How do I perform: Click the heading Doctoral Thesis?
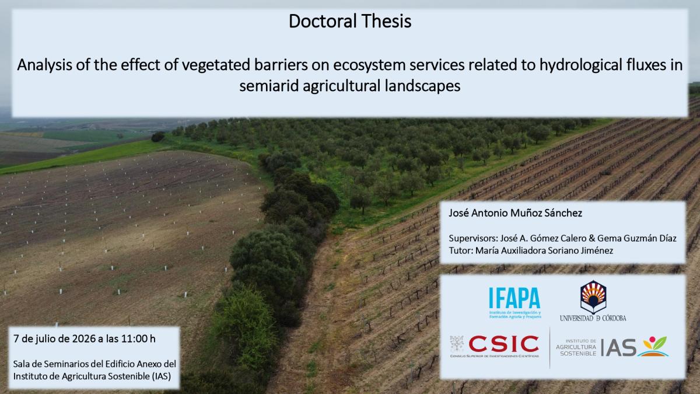(350, 21)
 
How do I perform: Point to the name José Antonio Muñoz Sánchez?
(515, 213)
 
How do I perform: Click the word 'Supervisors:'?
(473, 239)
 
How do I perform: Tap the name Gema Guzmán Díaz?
(637, 238)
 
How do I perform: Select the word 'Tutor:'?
(461, 250)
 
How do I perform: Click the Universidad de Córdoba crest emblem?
(593, 297)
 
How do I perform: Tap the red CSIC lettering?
(504, 344)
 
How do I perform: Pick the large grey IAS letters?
(618, 347)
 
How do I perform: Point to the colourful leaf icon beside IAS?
(653, 346)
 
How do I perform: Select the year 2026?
(84, 339)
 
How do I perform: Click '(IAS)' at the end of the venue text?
(161, 376)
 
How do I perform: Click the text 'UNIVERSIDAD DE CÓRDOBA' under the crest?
(593, 318)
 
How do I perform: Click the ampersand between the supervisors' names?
(591, 239)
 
